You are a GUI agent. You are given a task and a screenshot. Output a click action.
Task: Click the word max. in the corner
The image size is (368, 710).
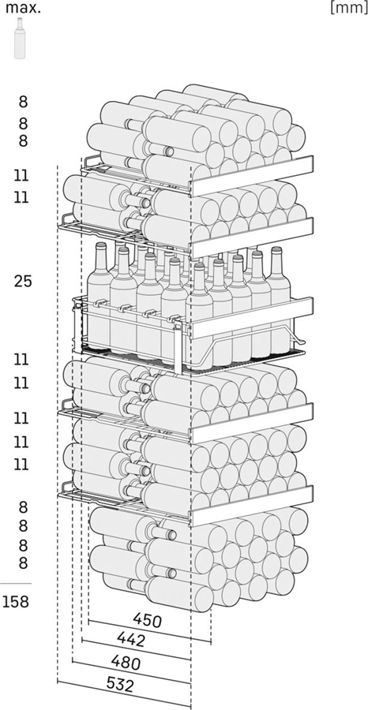tap(23, 8)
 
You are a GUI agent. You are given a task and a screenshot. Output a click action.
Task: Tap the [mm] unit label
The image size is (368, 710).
tap(347, 8)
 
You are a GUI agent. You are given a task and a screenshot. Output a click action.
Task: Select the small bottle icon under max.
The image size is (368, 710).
tap(20, 38)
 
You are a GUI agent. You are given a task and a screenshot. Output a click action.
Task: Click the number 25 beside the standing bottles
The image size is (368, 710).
tap(23, 281)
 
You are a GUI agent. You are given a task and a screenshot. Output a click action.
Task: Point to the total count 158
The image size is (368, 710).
tap(16, 602)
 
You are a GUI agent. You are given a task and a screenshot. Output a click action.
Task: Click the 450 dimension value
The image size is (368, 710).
tap(148, 620)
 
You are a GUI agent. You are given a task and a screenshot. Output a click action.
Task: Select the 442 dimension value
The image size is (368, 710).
tap(131, 639)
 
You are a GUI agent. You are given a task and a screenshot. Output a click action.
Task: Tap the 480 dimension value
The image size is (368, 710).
tap(125, 662)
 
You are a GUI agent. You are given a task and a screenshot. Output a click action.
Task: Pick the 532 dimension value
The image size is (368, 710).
tap(120, 685)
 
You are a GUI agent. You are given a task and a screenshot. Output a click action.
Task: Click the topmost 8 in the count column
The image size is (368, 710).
tap(23, 103)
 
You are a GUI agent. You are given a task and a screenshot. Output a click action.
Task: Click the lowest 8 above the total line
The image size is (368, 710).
tap(23, 562)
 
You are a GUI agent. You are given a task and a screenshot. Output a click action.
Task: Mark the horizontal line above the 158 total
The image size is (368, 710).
tap(16, 583)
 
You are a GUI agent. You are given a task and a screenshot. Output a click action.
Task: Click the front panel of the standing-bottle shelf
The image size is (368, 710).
tap(252, 318)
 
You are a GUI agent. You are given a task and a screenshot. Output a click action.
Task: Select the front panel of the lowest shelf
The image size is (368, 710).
tap(252, 506)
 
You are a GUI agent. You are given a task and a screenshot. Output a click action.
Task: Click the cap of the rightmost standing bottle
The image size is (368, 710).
tap(276, 250)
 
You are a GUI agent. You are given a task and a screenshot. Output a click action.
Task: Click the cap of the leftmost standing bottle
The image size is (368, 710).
tap(101, 246)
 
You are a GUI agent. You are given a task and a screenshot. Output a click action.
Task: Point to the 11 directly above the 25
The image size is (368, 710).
tap(21, 197)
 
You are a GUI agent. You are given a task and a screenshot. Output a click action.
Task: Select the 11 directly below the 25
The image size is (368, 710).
tap(21, 360)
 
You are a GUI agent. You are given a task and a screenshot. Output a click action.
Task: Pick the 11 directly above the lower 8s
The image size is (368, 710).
tap(21, 465)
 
